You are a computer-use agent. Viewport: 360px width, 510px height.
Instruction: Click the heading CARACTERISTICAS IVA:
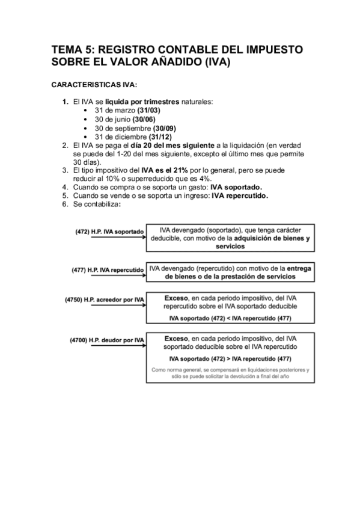pyautogui.click(x=95, y=85)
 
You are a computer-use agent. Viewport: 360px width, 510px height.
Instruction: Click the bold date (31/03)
pyautogui.click(x=148, y=111)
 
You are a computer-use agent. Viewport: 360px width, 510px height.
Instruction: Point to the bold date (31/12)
pyautogui.click(x=160, y=137)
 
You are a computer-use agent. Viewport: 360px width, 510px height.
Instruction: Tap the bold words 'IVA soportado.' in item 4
pyautogui.click(x=240, y=187)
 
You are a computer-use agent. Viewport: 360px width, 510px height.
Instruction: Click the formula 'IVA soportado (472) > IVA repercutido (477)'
pyautogui.click(x=231, y=358)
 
